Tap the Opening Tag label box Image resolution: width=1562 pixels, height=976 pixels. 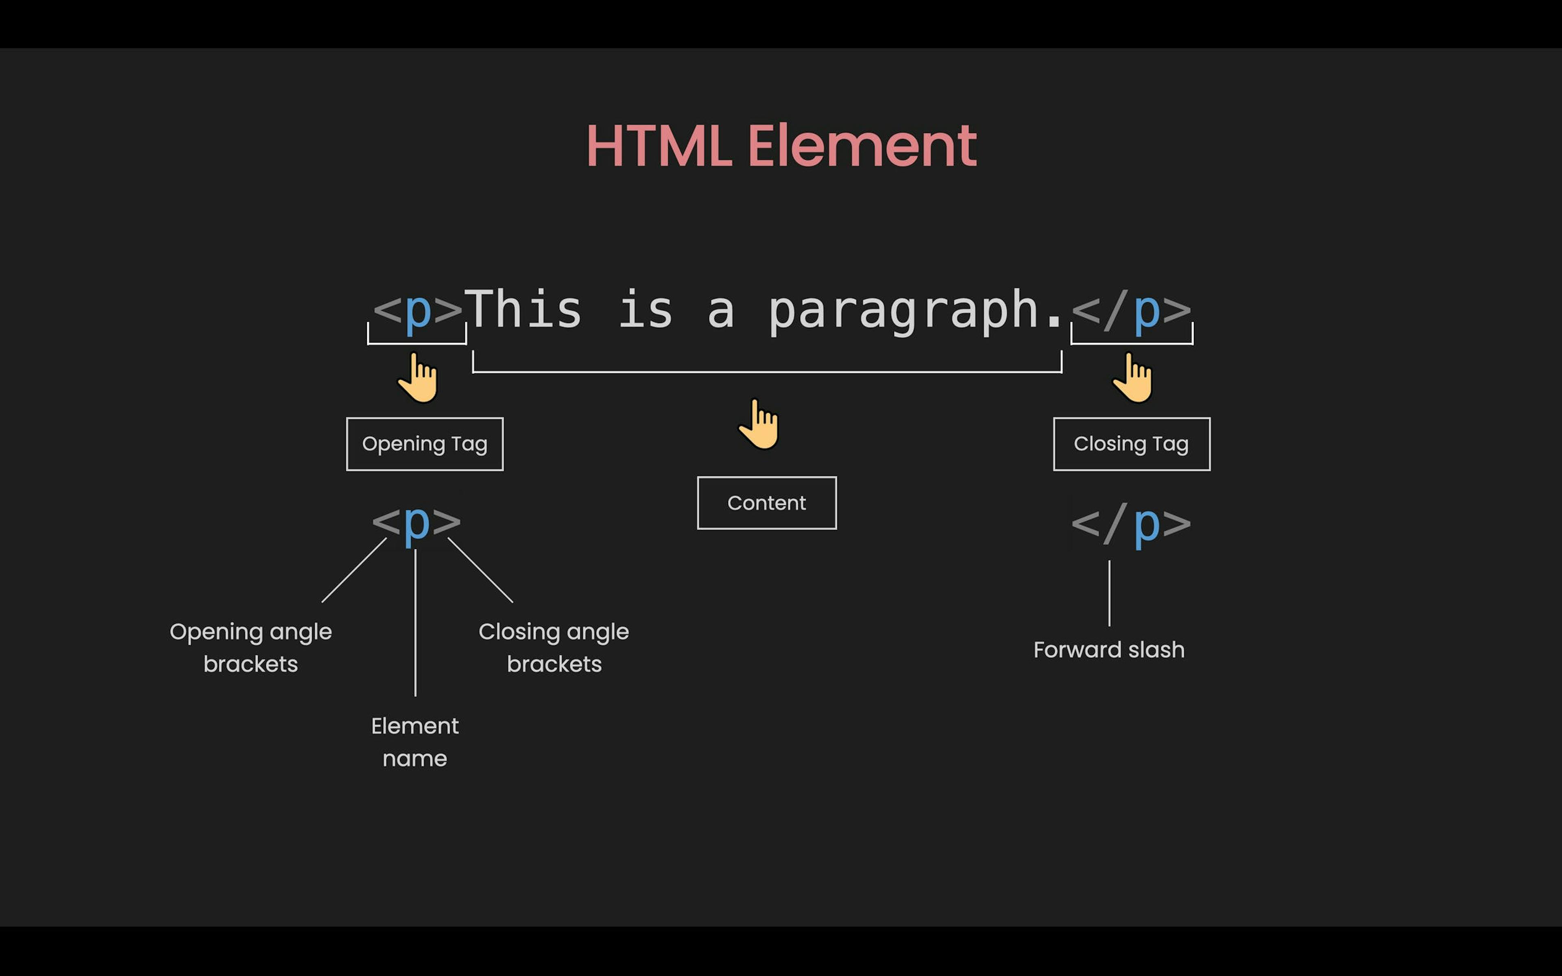click(x=425, y=444)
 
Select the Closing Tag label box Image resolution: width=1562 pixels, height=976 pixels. click(x=1132, y=444)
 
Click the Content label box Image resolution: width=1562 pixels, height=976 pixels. click(x=767, y=503)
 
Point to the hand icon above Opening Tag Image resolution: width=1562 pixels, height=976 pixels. click(x=418, y=378)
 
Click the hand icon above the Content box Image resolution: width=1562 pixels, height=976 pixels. click(x=760, y=424)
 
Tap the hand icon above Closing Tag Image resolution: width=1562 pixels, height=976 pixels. click(x=1133, y=378)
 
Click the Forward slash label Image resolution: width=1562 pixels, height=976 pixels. click(x=1109, y=649)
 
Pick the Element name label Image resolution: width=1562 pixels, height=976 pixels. click(x=415, y=742)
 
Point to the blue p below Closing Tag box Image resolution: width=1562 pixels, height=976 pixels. click(x=1147, y=527)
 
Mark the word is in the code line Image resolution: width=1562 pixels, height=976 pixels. click(x=646, y=309)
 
